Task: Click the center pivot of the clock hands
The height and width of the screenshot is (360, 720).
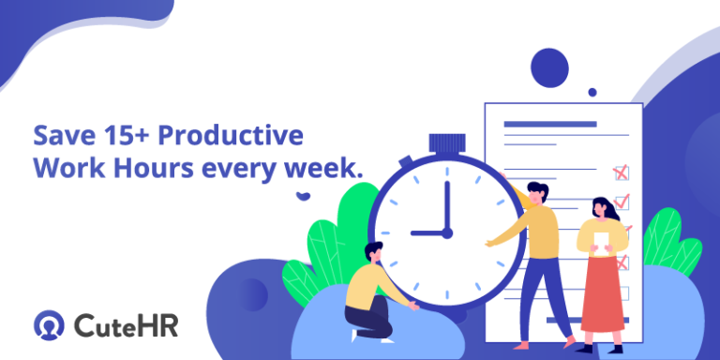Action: pos(446,232)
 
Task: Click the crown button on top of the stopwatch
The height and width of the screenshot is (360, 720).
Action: pos(447,143)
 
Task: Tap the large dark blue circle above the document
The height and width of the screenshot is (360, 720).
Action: pos(549,67)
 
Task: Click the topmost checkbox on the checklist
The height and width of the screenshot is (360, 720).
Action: pos(621,172)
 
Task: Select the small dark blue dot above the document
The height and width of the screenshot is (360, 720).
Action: pos(592,92)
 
